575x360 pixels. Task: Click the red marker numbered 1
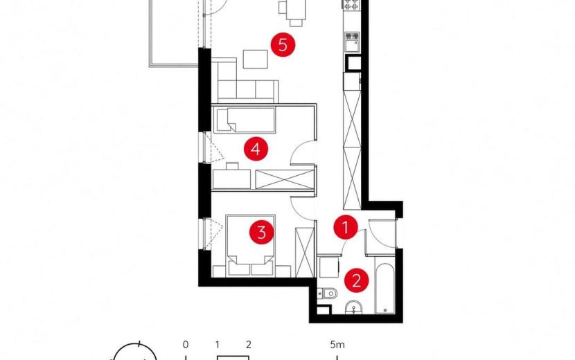pos(346,227)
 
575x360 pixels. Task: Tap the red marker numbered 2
pos(356,281)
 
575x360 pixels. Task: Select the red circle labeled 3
pos(261,232)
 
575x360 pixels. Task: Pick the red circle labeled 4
pos(256,149)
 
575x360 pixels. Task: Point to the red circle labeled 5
pos(283,45)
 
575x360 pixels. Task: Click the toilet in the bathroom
pos(327,294)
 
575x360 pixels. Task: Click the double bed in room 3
pos(251,245)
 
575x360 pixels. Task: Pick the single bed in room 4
pos(245,120)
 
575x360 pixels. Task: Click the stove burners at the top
pos(351,4)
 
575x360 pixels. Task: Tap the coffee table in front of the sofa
pos(256,59)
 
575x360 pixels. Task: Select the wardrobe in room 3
pos(305,252)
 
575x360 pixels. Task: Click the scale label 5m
pos(337,345)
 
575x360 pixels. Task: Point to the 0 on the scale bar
pos(186,345)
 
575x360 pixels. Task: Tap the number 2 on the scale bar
pos(249,345)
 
